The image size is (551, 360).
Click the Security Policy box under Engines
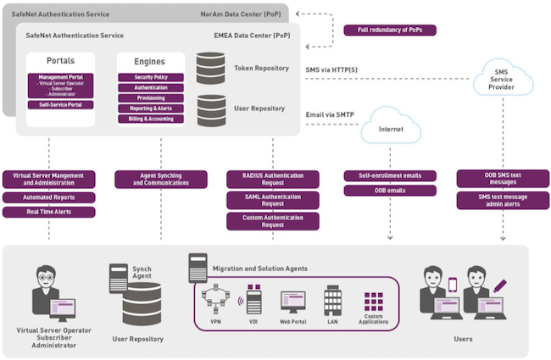(150, 77)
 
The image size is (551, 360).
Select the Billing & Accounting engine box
(150, 119)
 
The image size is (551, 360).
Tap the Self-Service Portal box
(60, 105)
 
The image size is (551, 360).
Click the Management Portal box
(60, 85)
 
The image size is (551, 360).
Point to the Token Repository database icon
(210, 67)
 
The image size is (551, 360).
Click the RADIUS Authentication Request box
(273, 179)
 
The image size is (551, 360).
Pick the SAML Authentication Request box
(273, 200)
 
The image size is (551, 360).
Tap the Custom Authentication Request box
(273, 221)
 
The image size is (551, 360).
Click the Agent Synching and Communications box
(160, 179)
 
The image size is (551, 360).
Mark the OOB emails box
(390, 191)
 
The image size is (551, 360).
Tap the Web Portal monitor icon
(293, 301)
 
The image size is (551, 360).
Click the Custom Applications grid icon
(374, 301)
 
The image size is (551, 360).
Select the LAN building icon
(332, 299)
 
